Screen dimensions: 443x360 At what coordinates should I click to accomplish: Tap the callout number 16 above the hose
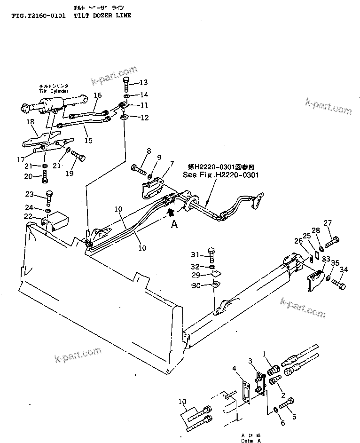tap(97, 95)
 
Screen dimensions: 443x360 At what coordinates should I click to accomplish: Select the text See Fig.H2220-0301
tap(221, 175)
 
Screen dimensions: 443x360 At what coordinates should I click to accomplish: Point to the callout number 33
tap(326, 260)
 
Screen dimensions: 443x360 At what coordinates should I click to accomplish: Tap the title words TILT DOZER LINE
tap(102, 16)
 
